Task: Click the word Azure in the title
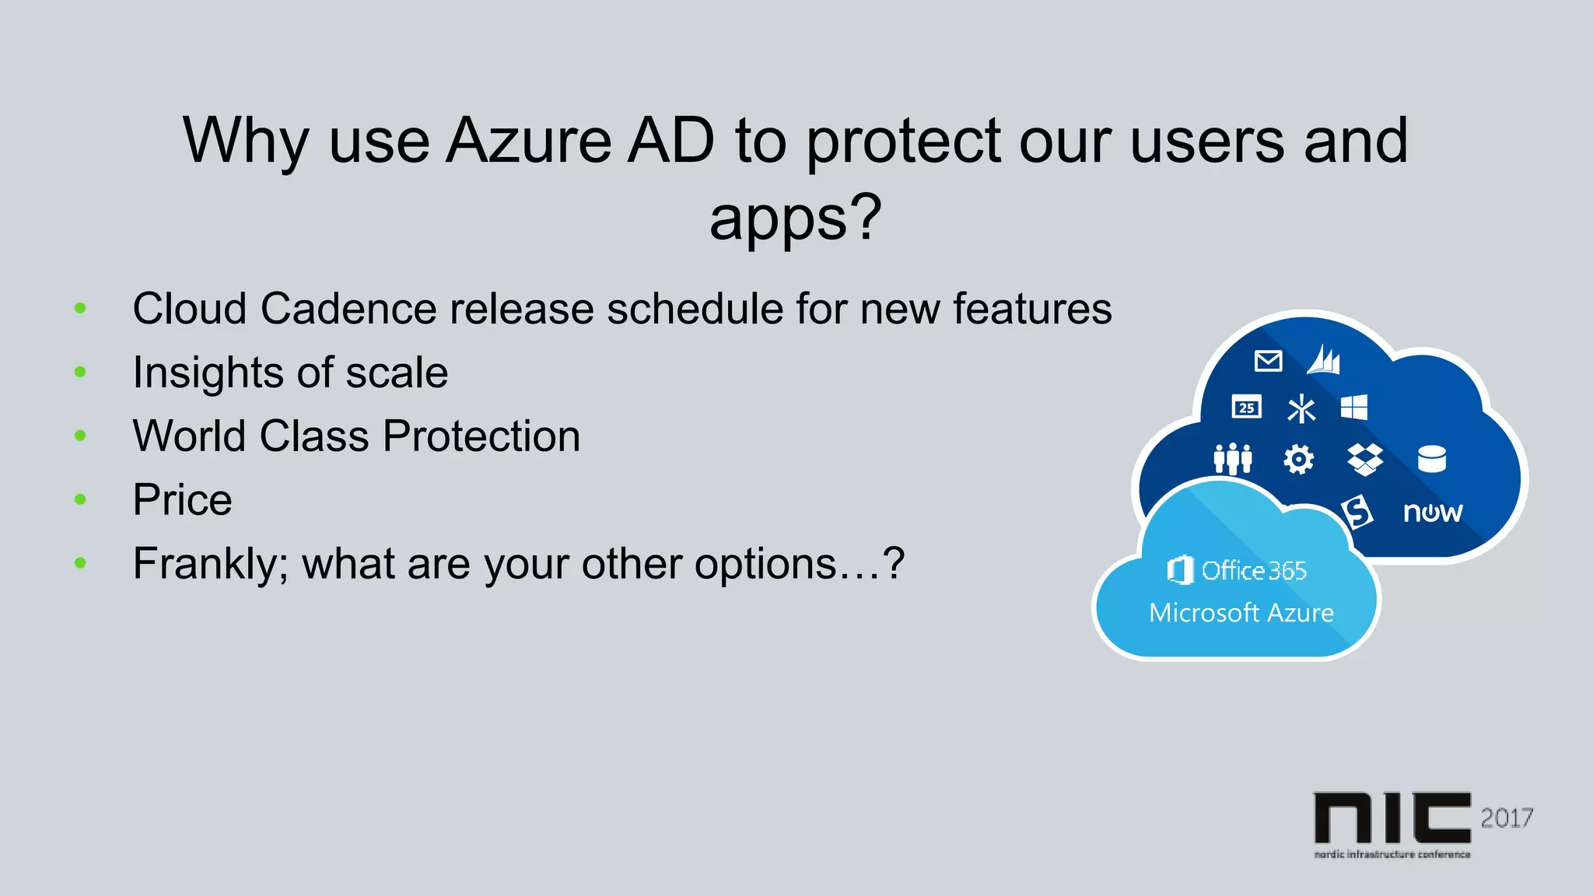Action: point(529,141)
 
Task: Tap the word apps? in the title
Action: point(795,219)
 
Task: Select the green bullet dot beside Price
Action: point(80,499)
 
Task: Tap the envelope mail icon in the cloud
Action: point(1268,361)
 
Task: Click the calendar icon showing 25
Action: point(1246,407)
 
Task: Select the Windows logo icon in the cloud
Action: point(1353,407)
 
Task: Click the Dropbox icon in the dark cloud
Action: point(1365,459)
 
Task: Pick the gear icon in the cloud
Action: point(1298,459)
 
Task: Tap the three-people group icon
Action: point(1233,459)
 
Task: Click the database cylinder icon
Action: point(1431,459)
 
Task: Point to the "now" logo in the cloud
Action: point(1432,513)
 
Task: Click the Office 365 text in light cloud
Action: point(1253,571)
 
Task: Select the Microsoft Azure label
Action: point(1241,613)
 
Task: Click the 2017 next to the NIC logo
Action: point(1507,818)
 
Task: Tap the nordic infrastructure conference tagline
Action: point(1392,854)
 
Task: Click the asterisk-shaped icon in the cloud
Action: point(1301,408)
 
